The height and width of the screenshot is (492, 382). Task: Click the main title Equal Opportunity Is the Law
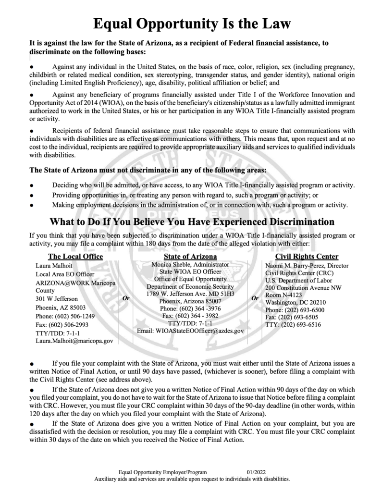[191, 23]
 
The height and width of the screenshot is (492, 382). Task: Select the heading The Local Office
[75, 257]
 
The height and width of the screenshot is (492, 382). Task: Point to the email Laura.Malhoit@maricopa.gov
[74, 341]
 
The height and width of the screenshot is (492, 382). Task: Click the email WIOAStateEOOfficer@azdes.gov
[190, 331]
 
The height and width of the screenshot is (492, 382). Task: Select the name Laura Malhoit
[55, 266]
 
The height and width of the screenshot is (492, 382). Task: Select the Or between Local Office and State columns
[126, 298]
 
